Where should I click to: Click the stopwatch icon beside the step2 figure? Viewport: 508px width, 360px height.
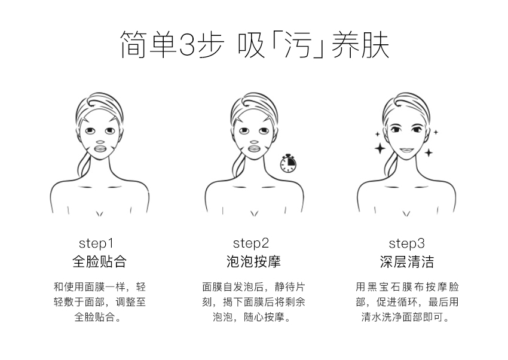click(x=288, y=163)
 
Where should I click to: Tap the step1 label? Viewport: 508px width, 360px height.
click(x=96, y=243)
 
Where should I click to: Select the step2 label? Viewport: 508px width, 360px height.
click(x=251, y=243)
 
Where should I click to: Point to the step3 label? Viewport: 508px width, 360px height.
click(x=406, y=243)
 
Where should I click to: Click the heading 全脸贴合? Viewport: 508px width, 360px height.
click(x=99, y=261)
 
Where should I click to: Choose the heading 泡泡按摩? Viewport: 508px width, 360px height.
click(x=253, y=261)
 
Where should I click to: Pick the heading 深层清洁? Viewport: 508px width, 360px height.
click(x=407, y=261)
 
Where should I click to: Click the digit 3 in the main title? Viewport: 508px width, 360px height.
click(x=187, y=45)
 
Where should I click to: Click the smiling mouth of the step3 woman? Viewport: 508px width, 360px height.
click(x=406, y=150)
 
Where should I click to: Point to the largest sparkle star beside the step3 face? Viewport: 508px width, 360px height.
click(x=380, y=149)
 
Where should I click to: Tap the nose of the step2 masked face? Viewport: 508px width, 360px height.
click(x=255, y=142)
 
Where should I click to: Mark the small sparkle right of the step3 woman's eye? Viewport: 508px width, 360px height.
click(x=436, y=132)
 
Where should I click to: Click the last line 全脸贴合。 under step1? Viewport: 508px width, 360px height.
click(x=99, y=317)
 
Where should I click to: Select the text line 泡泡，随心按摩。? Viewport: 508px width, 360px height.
click(x=253, y=317)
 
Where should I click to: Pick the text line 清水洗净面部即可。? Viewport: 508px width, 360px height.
click(x=406, y=317)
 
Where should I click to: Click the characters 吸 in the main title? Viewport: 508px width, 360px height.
click(x=251, y=45)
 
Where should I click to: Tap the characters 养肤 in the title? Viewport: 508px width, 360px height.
click(x=360, y=45)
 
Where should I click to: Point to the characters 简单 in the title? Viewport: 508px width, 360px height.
click(x=148, y=45)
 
